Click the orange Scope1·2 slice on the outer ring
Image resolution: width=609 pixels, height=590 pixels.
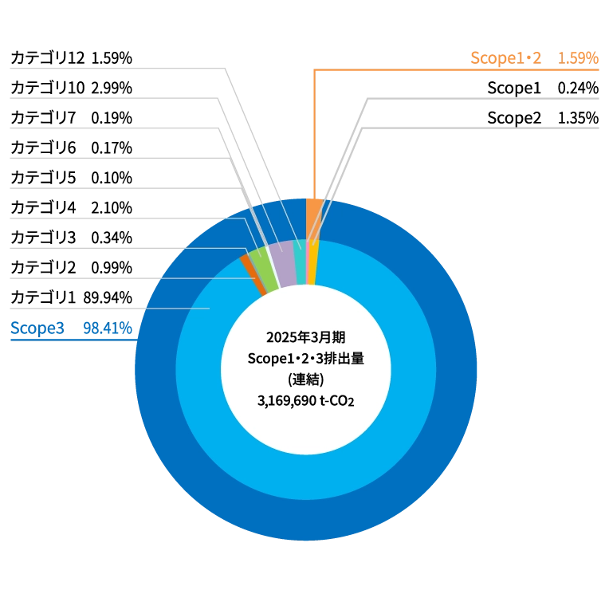[x=313, y=206]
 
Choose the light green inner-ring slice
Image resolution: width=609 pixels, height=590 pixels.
[x=264, y=269]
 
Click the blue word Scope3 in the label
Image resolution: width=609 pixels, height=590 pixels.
[x=35, y=328]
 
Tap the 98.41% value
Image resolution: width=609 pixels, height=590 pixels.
[x=107, y=328]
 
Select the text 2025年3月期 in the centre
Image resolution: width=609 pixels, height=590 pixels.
[x=306, y=336]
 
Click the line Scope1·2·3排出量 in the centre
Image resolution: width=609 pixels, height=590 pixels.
[x=306, y=358]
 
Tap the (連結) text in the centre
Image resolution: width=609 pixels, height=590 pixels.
[x=306, y=380]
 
